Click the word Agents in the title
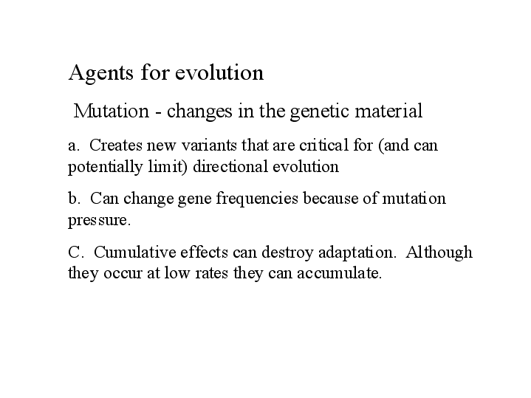tap(101, 72)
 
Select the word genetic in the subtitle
tap(319, 111)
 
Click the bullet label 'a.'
tap(74, 146)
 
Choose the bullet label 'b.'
tap(74, 199)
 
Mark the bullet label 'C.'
tap(75, 253)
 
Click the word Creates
tap(116, 145)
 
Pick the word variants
tap(209, 145)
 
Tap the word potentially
tap(106, 168)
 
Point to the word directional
tap(230, 167)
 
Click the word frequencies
tap(257, 199)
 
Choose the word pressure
tap(99, 221)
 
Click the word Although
tap(439, 253)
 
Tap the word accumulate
tap(339, 273)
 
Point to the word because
tap(331, 199)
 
